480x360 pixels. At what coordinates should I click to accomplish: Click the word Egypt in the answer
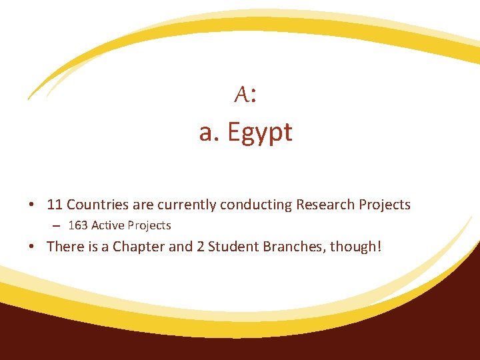click(260, 133)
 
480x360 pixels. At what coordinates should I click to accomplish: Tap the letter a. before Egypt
click(210, 133)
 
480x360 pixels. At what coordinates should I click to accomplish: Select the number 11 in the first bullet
click(55, 205)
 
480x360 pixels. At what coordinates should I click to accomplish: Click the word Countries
click(97, 205)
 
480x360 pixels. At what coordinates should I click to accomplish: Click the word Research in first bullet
click(325, 205)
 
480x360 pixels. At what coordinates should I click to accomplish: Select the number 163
click(78, 225)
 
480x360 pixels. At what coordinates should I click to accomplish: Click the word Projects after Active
click(149, 225)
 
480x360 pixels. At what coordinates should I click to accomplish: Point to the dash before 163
click(59, 225)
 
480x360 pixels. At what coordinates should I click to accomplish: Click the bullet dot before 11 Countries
click(33, 205)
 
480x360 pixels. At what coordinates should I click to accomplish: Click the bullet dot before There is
click(33, 246)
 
